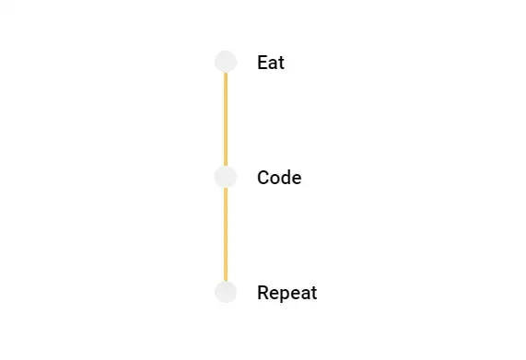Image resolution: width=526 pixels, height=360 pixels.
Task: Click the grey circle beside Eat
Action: [226, 62]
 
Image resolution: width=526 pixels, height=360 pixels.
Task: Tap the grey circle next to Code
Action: [226, 177]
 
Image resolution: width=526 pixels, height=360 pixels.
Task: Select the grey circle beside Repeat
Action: [226, 292]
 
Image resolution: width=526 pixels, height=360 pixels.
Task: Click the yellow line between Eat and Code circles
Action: [226, 119]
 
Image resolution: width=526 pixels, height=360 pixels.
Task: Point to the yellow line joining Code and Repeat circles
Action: [226, 234]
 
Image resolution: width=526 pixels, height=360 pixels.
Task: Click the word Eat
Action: [271, 64]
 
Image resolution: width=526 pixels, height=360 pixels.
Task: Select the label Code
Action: [279, 178]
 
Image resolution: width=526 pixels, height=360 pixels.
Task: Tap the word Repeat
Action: [286, 294]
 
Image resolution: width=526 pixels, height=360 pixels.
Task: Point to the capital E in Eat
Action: [263, 64]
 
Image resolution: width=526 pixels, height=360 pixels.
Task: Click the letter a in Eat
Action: [273, 64]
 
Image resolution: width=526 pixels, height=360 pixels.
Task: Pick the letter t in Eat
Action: [281, 64]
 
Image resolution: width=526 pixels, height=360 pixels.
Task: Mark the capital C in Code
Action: [263, 178]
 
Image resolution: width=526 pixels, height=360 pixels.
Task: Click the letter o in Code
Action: [275, 179]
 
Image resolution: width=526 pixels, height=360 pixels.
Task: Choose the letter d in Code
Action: [285, 178]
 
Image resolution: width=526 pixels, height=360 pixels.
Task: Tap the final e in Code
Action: [296, 179]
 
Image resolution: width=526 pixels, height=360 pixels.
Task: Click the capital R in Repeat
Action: [263, 293]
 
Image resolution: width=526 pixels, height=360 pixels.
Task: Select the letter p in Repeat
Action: [284, 296]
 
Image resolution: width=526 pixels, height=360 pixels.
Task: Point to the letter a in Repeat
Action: [305, 294]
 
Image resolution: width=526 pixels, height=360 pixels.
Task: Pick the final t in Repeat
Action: [313, 293]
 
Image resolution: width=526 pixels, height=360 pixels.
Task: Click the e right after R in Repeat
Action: [274, 294]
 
